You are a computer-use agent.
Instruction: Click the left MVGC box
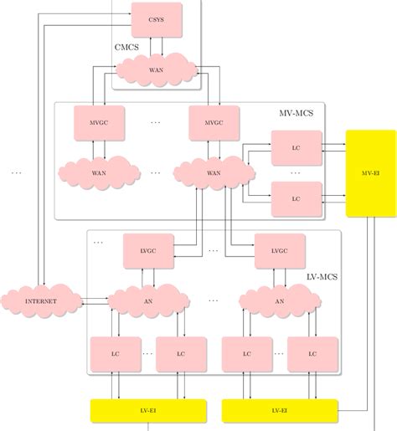[x=98, y=122]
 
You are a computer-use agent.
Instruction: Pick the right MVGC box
[x=213, y=122]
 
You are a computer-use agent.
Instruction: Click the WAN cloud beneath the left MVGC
[x=98, y=173]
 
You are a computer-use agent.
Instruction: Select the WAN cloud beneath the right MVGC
[x=213, y=173]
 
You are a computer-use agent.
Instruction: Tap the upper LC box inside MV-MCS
[x=296, y=148]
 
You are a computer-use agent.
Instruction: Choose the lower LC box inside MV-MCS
[x=296, y=199]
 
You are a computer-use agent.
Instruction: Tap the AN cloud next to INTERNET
[x=147, y=300]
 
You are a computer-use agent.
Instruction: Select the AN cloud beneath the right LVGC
[x=279, y=300]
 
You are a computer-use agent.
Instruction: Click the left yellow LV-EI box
[x=147, y=411]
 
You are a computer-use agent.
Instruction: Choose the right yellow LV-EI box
[x=279, y=411]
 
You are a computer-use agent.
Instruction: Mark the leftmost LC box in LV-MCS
[x=115, y=354]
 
